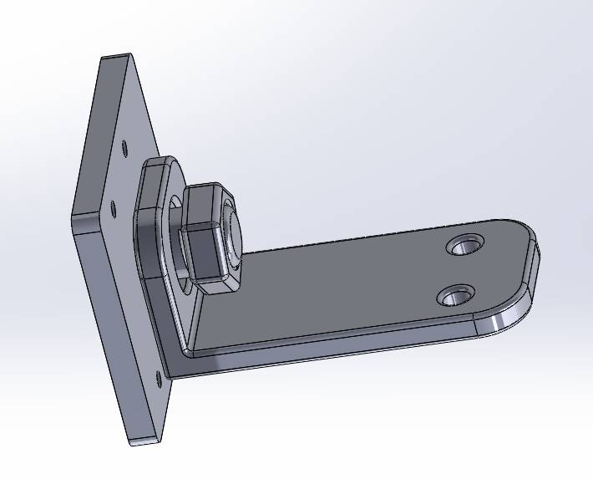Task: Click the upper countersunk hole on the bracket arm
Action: click(x=465, y=244)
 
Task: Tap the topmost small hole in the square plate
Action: click(x=125, y=148)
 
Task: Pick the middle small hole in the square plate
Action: click(x=113, y=206)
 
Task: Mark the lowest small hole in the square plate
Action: click(x=159, y=378)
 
